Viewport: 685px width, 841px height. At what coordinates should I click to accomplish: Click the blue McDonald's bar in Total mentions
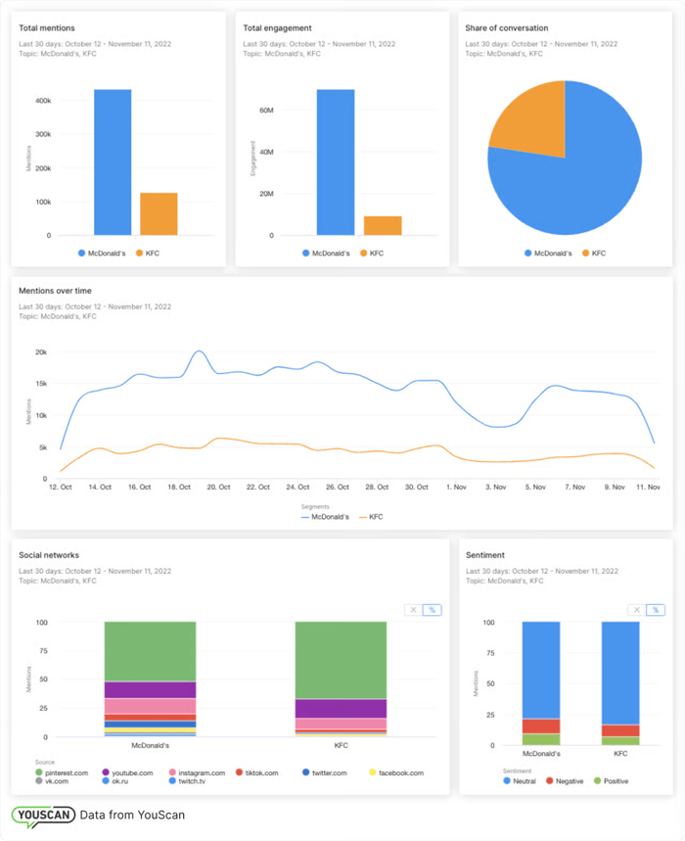(113, 163)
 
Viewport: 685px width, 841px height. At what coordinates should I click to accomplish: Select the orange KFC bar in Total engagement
(383, 225)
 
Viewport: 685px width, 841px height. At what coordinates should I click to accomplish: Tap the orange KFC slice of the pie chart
(527, 121)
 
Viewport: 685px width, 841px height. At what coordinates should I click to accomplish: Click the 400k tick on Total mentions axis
(43, 100)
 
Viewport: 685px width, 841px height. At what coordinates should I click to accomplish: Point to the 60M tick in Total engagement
(266, 111)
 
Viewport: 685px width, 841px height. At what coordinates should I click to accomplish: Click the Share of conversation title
(506, 28)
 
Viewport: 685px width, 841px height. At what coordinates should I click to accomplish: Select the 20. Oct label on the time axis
(218, 487)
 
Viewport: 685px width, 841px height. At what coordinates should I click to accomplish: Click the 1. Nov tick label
(457, 487)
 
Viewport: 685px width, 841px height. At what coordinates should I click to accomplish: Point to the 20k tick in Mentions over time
(41, 352)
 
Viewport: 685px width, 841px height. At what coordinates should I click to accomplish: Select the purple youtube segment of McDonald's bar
(150, 689)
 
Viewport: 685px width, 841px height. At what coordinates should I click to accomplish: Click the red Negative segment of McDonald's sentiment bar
(541, 725)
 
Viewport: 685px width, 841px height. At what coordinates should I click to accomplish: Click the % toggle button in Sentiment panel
(655, 609)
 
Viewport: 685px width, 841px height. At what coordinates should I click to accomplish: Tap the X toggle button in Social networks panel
(413, 609)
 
